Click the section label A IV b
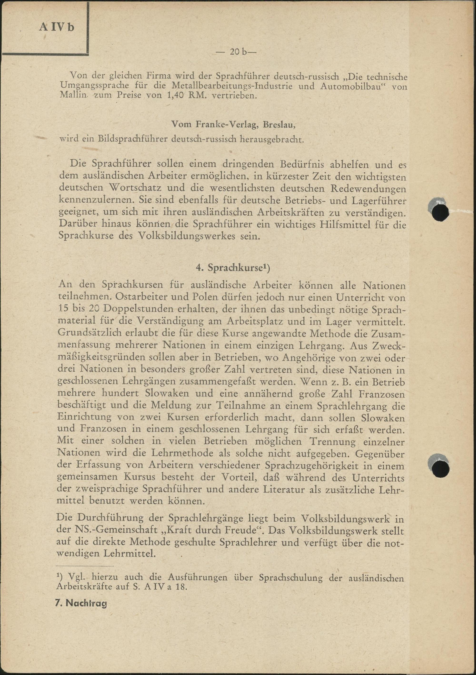(57, 27)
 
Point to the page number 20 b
(236, 52)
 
